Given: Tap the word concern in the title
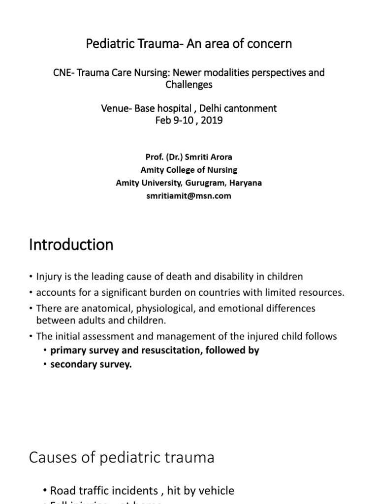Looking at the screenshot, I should pos(271,44).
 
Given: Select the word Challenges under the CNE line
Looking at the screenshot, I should pos(189,84).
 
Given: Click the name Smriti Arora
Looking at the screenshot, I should pos(204,157).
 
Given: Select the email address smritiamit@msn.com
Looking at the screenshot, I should pos(189,195).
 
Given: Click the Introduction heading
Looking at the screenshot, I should pos(71,245).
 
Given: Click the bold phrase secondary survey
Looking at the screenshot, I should pos(91,365).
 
